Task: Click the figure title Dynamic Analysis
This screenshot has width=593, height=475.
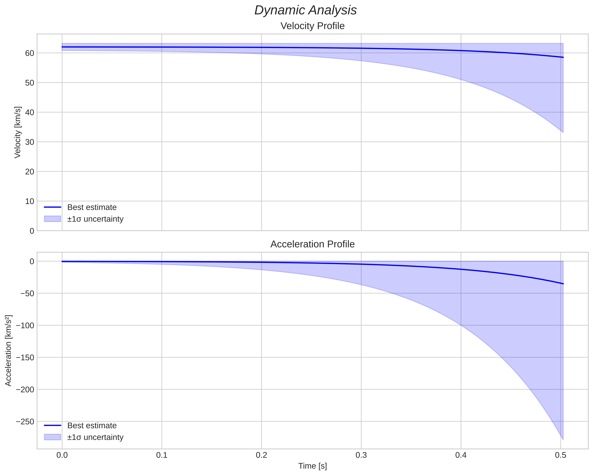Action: (x=306, y=10)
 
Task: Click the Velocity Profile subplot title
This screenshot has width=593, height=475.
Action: (x=312, y=26)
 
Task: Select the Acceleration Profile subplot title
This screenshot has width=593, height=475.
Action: (x=312, y=244)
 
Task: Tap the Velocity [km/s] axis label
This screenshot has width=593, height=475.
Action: (x=18, y=132)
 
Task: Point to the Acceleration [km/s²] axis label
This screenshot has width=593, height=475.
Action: (x=8, y=351)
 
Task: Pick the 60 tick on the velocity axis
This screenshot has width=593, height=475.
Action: (x=29, y=53)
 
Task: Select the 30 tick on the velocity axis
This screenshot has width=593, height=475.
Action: (x=29, y=142)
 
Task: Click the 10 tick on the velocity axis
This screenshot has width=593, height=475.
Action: (x=29, y=201)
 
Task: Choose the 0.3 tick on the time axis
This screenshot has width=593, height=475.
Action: (x=361, y=455)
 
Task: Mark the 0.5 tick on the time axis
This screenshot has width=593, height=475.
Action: (x=560, y=455)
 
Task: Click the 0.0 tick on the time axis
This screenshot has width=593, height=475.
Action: (x=62, y=455)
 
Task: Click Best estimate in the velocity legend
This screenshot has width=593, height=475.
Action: (x=92, y=207)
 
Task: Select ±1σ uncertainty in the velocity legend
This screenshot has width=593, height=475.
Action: (x=95, y=219)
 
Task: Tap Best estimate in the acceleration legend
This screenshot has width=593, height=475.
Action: (x=92, y=426)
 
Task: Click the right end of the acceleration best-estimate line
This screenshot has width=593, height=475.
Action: (x=563, y=284)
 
